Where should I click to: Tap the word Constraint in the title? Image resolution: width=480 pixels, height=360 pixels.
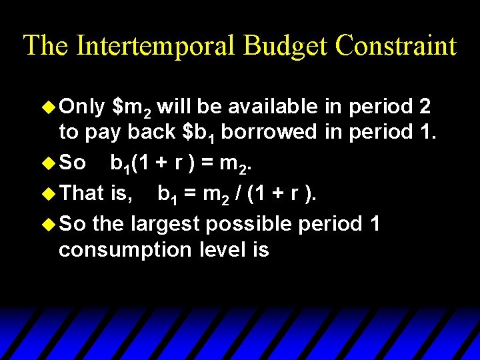(x=396, y=46)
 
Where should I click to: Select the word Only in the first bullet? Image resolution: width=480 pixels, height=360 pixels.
(x=82, y=106)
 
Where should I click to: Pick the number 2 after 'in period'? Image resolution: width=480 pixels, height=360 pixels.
(x=423, y=106)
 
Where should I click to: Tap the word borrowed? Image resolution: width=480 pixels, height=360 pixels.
(x=269, y=132)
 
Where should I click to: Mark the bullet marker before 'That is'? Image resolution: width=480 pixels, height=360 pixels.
(x=49, y=193)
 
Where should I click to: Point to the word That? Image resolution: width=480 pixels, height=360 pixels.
(x=81, y=193)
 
